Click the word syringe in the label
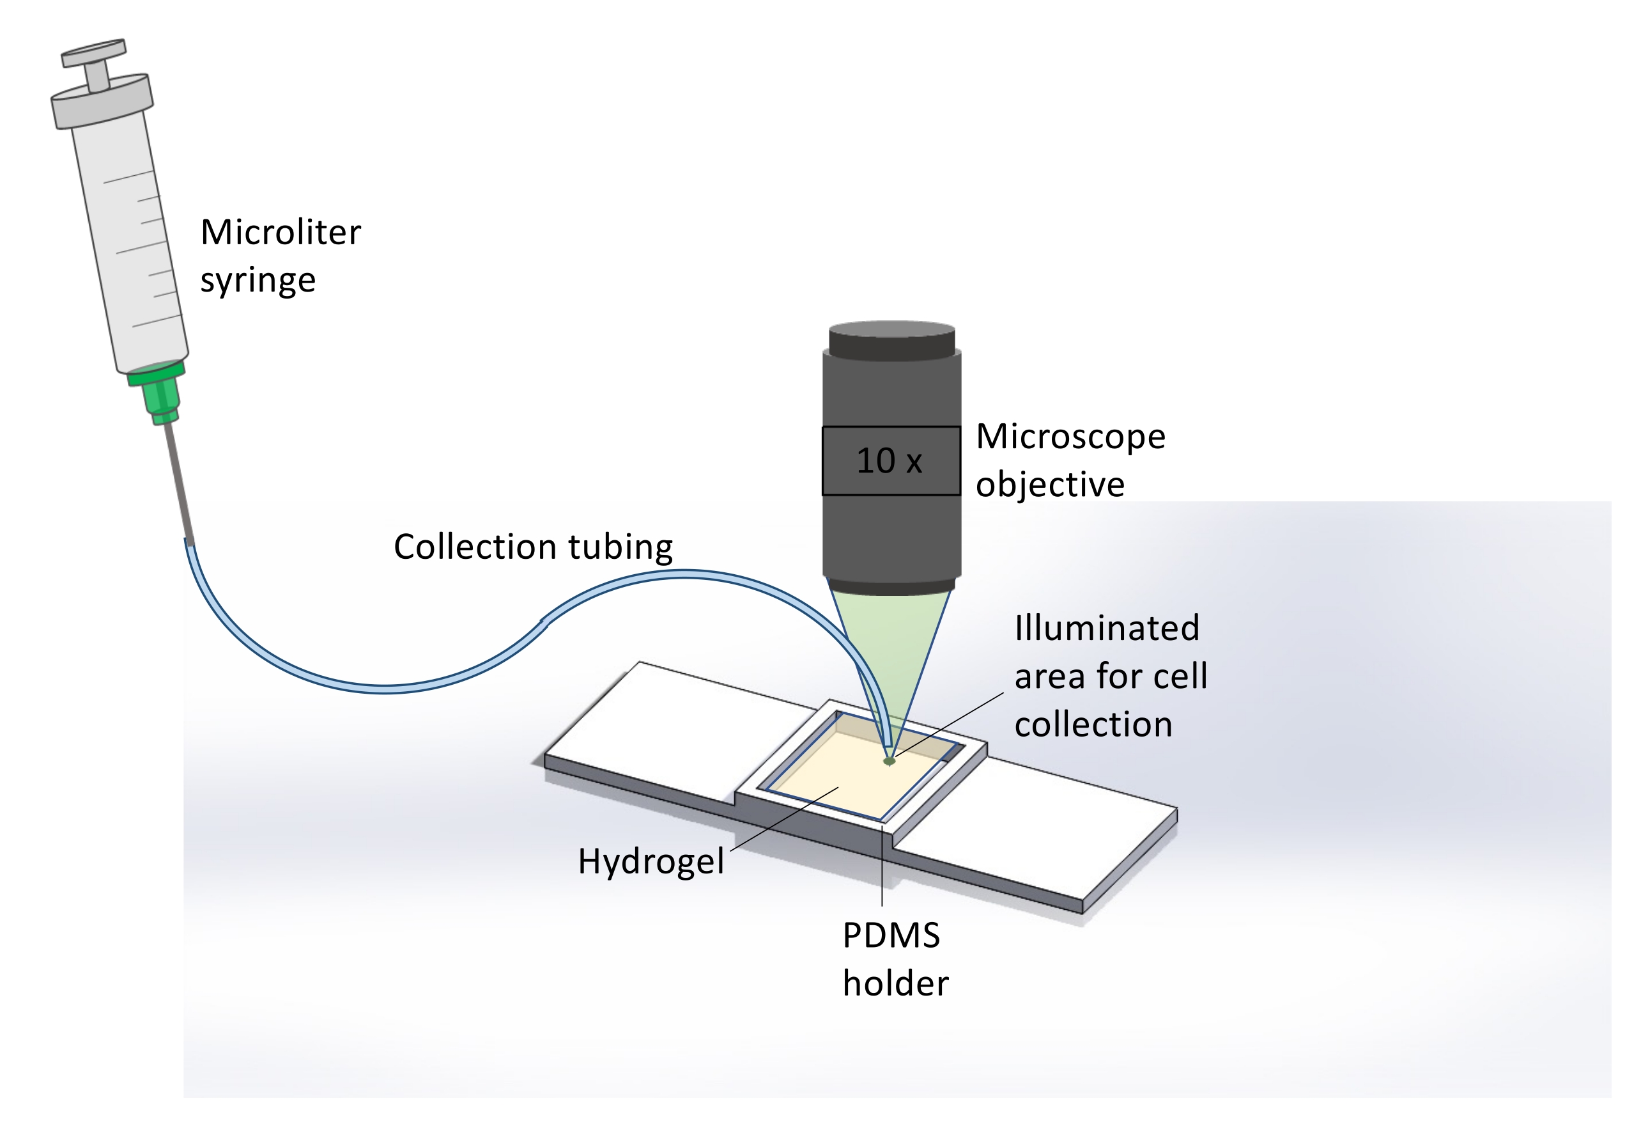tap(258, 281)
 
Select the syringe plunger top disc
tap(94, 52)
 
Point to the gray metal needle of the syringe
tap(180, 480)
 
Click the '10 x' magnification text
tap(889, 461)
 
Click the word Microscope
tap(1070, 437)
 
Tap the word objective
tap(1049, 485)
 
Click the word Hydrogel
tap(651, 861)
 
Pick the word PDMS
tap(890, 935)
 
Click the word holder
tap(895, 983)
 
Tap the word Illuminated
tap(1107, 628)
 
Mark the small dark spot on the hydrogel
tap(889, 761)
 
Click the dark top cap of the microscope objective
tap(892, 341)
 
